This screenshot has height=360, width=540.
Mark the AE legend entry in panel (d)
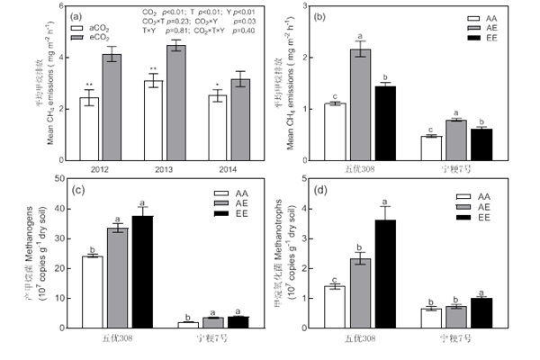click(x=480, y=206)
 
